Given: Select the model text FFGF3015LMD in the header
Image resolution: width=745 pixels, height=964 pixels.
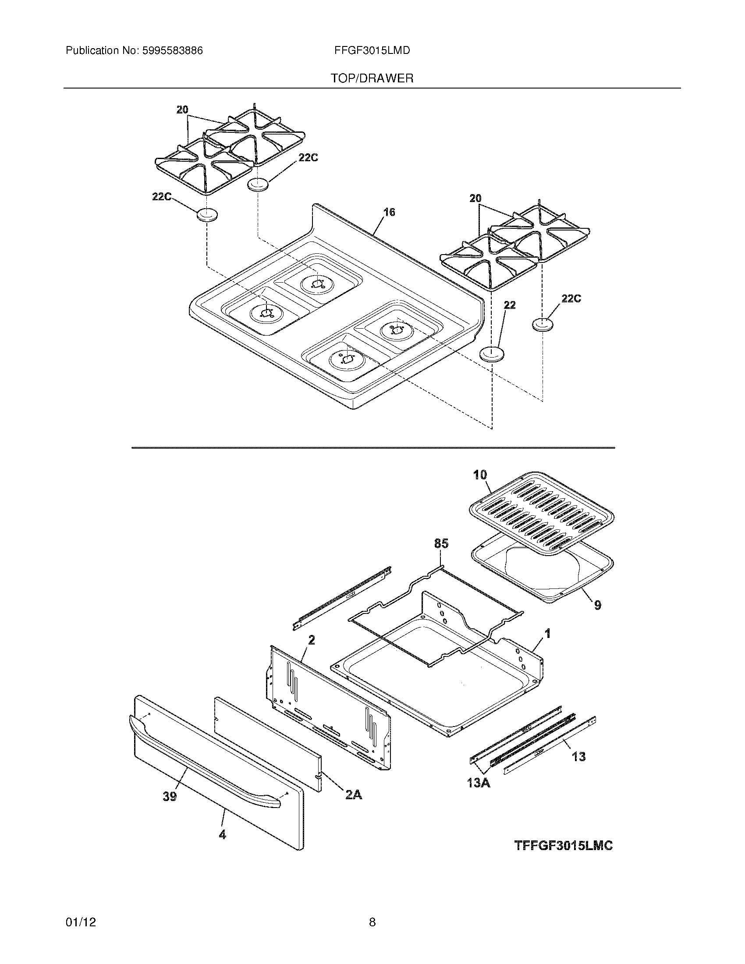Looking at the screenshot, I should (x=372, y=51).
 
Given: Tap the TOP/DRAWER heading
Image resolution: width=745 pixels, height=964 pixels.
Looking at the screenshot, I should (x=372, y=78).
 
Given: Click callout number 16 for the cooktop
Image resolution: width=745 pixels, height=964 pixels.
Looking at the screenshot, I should (x=389, y=213).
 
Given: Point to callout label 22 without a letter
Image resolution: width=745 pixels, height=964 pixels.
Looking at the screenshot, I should (x=510, y=305).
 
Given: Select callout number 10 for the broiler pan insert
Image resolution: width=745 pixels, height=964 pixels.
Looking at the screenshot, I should (x=480, y=475).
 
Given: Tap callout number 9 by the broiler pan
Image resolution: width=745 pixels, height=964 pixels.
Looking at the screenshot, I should (x=598, y=605).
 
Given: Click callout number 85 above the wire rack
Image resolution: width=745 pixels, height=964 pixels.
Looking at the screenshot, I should (x=441, y=544).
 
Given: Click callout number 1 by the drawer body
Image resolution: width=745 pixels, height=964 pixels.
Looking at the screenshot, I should (x=548, y=634).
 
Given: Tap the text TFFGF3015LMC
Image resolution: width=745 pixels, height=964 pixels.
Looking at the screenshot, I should (x=564, y=845).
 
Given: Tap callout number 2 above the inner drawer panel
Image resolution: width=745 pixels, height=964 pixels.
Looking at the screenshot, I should (x=312, y=640).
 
